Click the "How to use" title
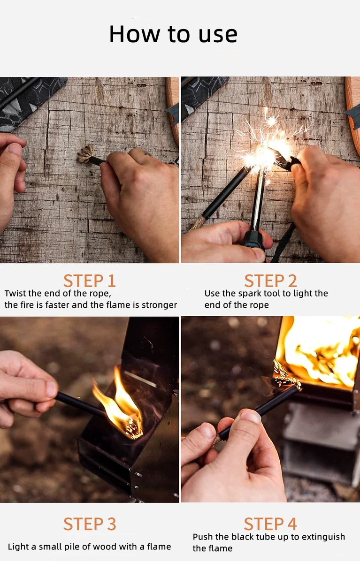[x=173, y=34]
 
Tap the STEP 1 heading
[x=90, y=281]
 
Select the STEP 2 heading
[x=270, y=281]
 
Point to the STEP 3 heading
[x=90, y=524]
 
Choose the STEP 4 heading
[x=270, y=524]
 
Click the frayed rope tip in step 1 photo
[x=85, y=155]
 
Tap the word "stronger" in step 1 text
[x=160, y=305]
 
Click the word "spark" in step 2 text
[x=250, y=294]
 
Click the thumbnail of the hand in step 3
[x=52, y=389]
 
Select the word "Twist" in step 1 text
[x=15, y=293]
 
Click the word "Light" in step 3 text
[x=18, y=547]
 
